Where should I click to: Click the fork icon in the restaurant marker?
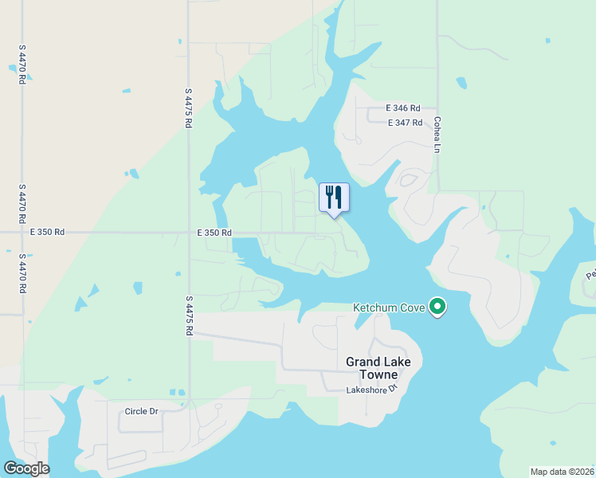pyautogui.click(x=329, y=195)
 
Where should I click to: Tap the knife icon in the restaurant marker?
pyautogui.click(x=339, y=196)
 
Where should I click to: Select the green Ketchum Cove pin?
pyautogui.click(x=437, y=307)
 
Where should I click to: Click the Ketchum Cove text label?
pyautogui.click(x=390, y=308)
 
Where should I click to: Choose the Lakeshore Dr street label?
pyautogui.click(x=371, y=390)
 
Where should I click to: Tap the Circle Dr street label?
pyautogui.click(x=142, y=411)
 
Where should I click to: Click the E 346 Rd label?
pyautogui.click(x=402, y=108)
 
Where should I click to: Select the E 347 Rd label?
pyautogui.click(x=405, y=123)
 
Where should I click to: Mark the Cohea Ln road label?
pyautogui.click(x=437, y=135)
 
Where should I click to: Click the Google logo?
pyautogui.click(x=26, y=468)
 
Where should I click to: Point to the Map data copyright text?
pyautogui.click(x=563, y=472)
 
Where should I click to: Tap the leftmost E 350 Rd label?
pyautogui.click(x=48, y=233)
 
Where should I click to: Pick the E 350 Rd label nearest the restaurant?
pyautogui.click(x=214, y=233)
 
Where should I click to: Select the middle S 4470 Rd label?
pyautogui.click(x=22, y=205)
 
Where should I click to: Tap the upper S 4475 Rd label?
pyautogui.click(x=189, y=108)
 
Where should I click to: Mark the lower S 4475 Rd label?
pyautogui.click(x=189, y=315)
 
